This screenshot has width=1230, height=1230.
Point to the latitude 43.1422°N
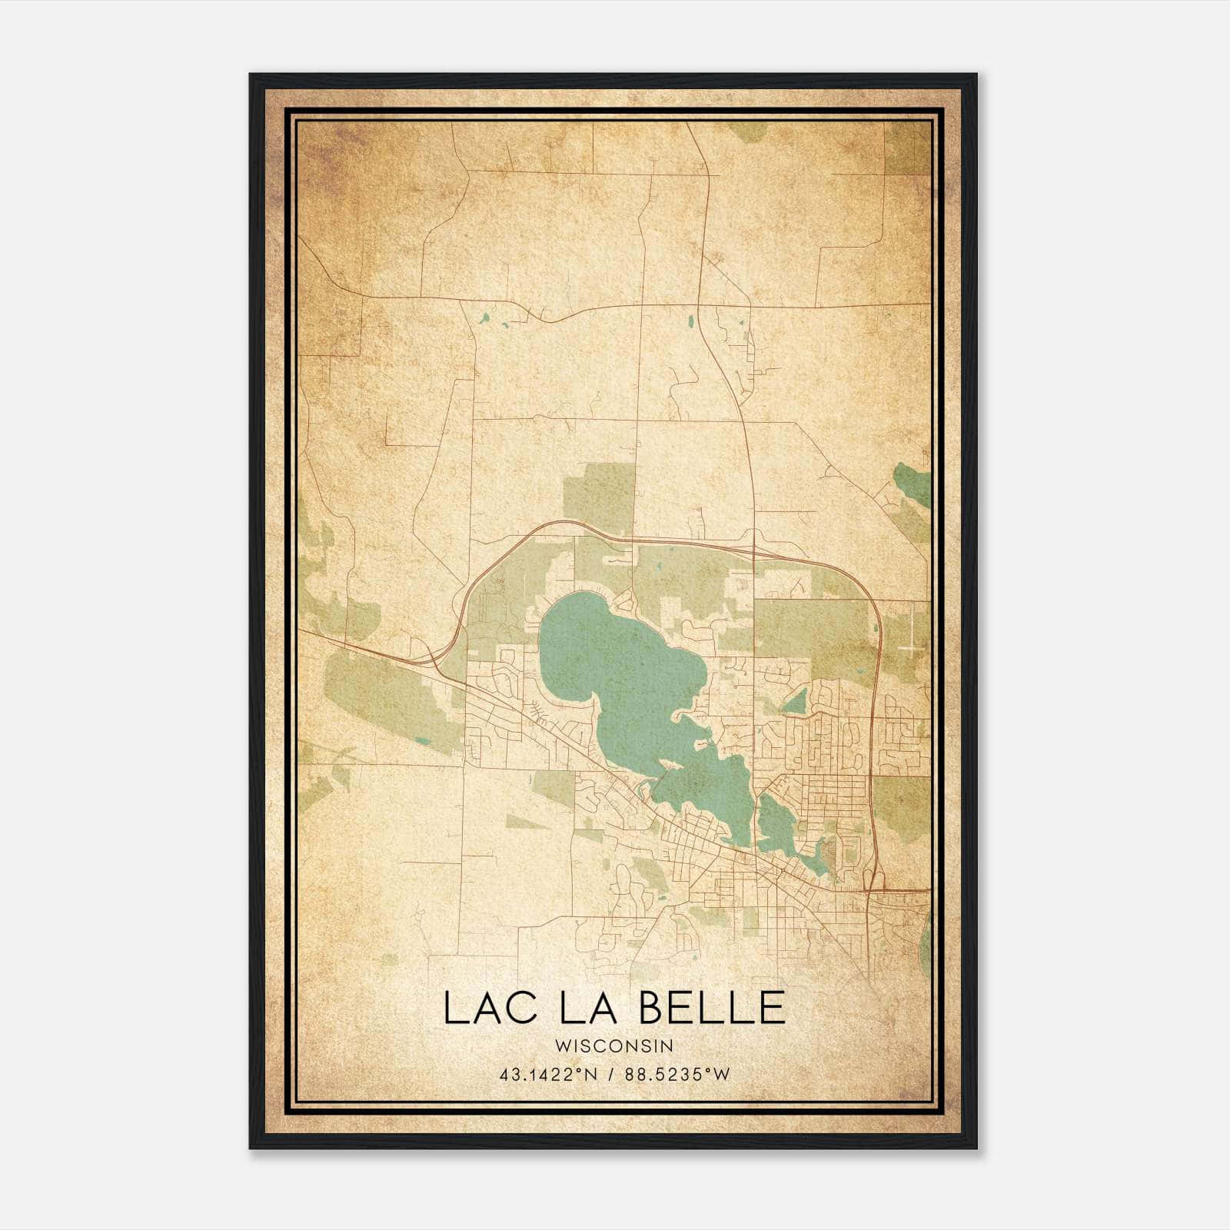coord(547,1075)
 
